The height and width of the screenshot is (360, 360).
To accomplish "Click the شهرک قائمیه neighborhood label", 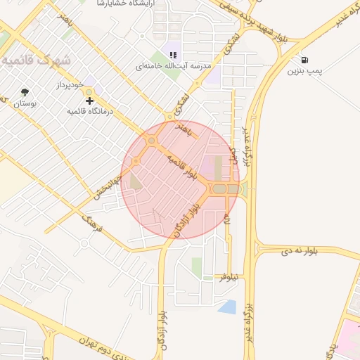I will (36, 60).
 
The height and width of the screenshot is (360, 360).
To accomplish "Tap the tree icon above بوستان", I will (26, 92).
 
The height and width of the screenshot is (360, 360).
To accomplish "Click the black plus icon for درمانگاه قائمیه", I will (89, 101).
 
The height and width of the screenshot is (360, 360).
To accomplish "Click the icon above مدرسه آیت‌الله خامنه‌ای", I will (173, 55).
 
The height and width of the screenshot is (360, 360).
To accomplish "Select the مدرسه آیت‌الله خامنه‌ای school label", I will (173, 66).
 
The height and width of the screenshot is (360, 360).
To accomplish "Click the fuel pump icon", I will (303, 60).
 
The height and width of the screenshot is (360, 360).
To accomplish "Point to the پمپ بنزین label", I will (304, 71).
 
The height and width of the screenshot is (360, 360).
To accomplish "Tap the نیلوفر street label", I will (229, 278).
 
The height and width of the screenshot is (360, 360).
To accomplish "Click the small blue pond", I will (227, 307).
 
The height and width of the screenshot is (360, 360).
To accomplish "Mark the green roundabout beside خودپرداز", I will (88, 92).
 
